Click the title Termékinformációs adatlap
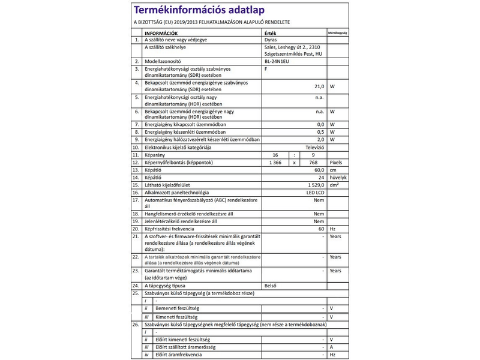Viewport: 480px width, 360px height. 200,11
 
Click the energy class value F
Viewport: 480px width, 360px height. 265,69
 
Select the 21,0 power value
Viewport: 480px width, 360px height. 318,86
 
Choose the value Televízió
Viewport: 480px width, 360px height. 314,146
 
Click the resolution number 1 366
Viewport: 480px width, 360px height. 275,162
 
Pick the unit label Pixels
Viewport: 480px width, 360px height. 335,162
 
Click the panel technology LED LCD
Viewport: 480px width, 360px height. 314,193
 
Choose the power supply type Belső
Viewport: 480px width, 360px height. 271,286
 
